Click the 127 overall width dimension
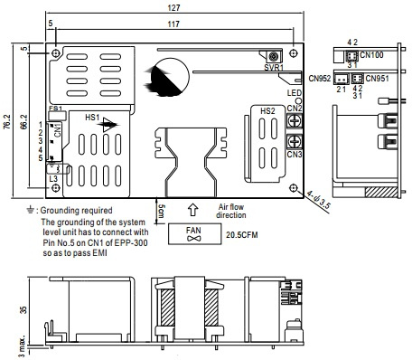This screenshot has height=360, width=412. pos(173,7)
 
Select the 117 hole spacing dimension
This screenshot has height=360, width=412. pos(173,24)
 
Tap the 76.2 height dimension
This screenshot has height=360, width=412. pos(7,122)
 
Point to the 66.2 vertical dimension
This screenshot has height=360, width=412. pos(24,122)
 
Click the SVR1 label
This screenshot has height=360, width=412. pos(274,67)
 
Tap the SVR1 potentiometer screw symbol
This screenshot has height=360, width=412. pos(274,56)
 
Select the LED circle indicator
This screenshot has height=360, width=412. pos(299,100)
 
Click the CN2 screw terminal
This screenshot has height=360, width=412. pos(294,121)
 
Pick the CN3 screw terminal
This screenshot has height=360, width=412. pos(294,141)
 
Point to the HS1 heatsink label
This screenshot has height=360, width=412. pos(92,117)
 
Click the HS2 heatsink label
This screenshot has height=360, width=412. pos(267,111)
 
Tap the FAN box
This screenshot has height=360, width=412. pos(194,233)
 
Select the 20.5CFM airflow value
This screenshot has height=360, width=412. pos(242,235)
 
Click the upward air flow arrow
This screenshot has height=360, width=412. pos(193,210)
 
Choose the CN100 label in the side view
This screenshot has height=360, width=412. pos(371,55)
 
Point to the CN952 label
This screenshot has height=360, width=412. pos(320,79)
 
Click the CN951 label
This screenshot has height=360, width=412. pos(377,79)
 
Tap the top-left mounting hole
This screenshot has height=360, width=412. pos(56,53)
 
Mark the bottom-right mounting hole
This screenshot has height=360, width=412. pos(294,188)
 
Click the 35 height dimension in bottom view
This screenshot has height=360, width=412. pos(23,309)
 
